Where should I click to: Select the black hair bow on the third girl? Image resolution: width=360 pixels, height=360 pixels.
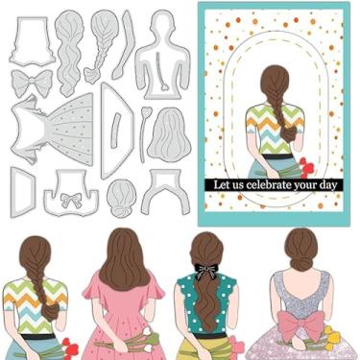coord(204,271)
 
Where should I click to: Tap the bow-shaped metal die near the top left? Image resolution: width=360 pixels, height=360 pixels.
coord(31,82)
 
